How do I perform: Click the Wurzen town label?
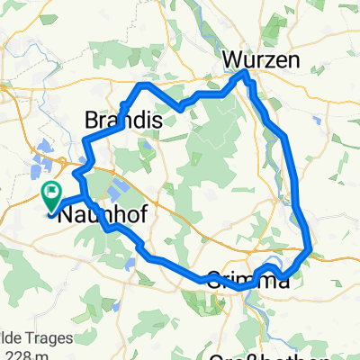point(255,58)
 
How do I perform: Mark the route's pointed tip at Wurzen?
point(243,75)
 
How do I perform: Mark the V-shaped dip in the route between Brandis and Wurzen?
point(182,108)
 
